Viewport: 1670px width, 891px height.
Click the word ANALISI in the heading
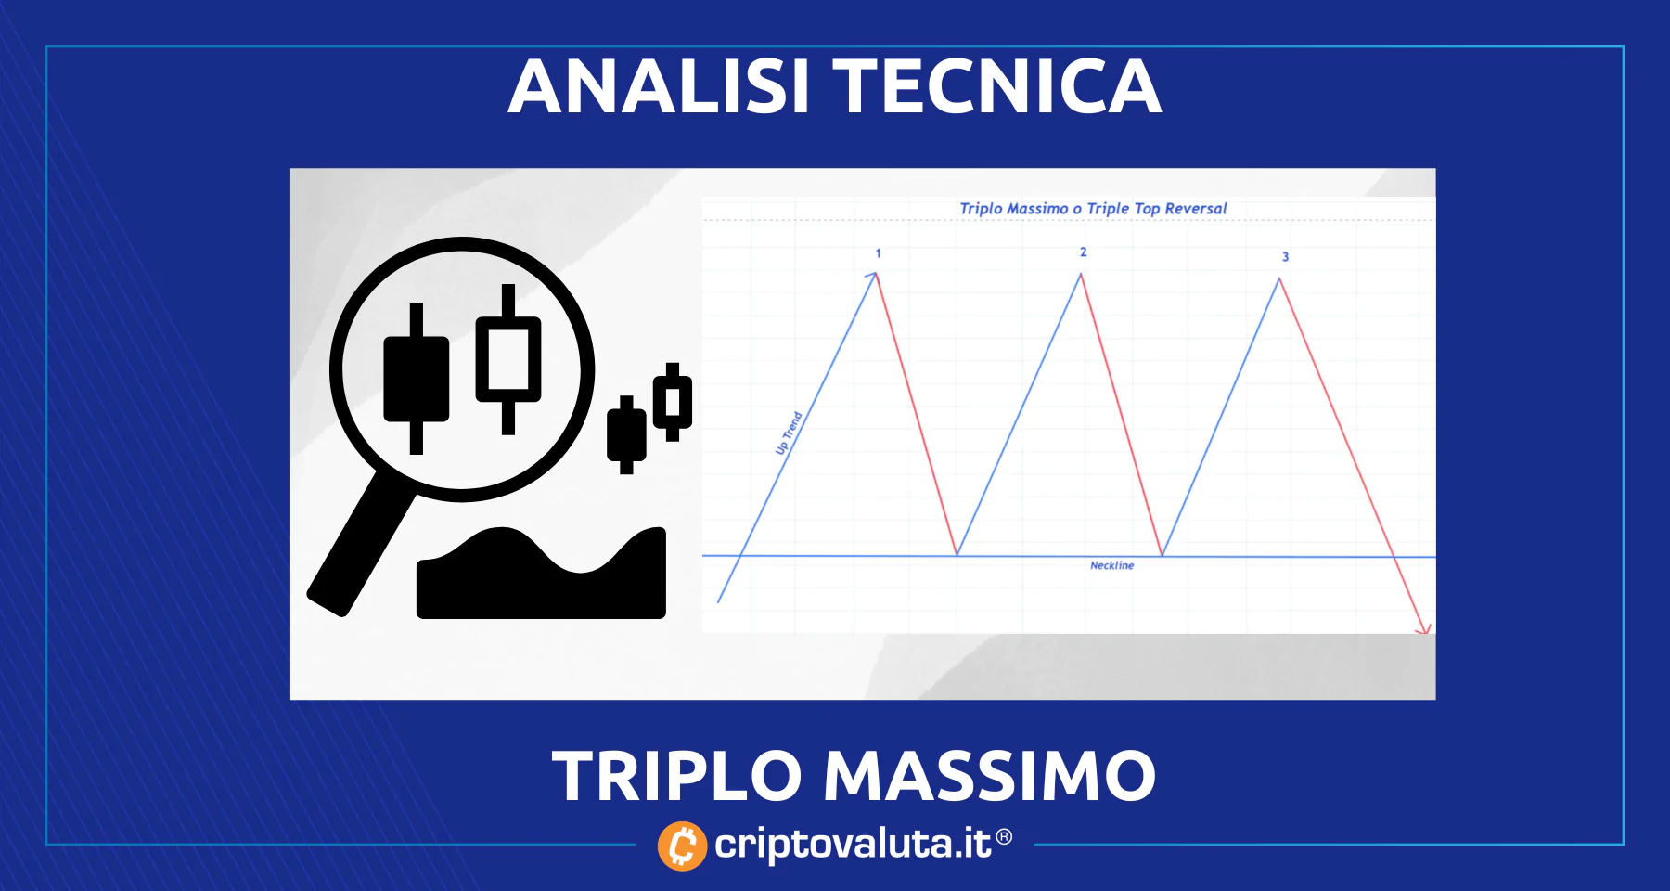[x=659, y=86]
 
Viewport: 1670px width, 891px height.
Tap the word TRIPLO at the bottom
[x=676, y=776]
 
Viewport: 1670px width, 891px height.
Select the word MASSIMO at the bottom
[x=989, y=776]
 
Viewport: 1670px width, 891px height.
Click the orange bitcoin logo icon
[x=682, y=846]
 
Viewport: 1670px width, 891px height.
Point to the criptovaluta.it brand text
[x=853, y=845]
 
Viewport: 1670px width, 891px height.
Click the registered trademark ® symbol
[x=1004, y=838]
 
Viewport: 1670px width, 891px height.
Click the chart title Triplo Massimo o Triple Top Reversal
[x=1093, y=209]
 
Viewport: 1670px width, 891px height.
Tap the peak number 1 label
[x=879, y=253]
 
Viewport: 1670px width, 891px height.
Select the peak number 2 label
[x=1083, y=252]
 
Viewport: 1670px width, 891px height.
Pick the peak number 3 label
[x=1285, y=257]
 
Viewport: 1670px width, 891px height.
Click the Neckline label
[x=1111, y=565]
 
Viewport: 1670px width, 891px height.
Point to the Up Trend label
[x=789, y=433]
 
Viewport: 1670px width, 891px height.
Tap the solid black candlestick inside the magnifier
[x=417, y=379]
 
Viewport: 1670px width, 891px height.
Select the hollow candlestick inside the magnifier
[x=508, y=359]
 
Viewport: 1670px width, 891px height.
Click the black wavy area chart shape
[x=541, y=573]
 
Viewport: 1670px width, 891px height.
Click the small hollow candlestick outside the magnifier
[x=673, y=402]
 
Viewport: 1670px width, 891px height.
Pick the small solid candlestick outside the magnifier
[x=626, y=434]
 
